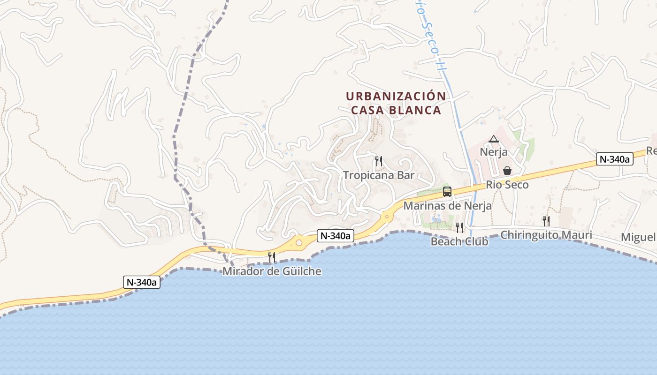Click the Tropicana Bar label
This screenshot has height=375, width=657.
379,175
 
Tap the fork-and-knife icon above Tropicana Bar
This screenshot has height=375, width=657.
379,162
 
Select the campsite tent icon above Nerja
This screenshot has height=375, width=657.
493,139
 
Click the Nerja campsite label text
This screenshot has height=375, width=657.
493,152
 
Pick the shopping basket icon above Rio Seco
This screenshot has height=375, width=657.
507,171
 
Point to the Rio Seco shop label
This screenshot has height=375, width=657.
507,185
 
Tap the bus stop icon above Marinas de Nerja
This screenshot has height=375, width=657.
447,192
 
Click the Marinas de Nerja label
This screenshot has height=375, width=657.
447,206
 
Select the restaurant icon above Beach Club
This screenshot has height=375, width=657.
459,228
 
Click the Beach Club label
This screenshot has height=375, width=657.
459,241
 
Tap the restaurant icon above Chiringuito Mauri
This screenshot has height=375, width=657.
546,221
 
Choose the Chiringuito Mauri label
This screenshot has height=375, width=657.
546,235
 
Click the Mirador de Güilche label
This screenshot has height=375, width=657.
272,271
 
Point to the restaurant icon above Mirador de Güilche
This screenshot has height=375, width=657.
272,257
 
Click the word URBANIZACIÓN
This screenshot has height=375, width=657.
396,96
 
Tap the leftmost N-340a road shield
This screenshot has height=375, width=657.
142,282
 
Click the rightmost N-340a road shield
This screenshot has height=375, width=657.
615,159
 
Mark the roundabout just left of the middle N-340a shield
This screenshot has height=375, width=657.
299,242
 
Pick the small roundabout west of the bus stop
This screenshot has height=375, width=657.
387,216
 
